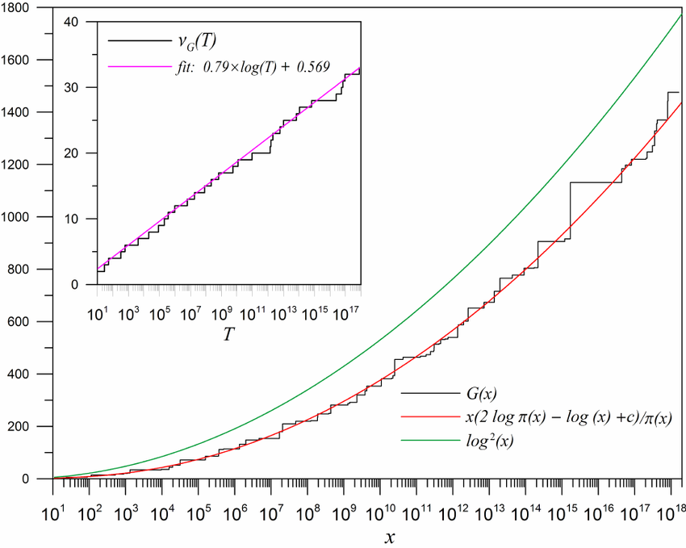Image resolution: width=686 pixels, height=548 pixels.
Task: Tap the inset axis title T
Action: coord(229,332)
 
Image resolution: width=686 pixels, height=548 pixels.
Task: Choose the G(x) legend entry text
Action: coord(481,394)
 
